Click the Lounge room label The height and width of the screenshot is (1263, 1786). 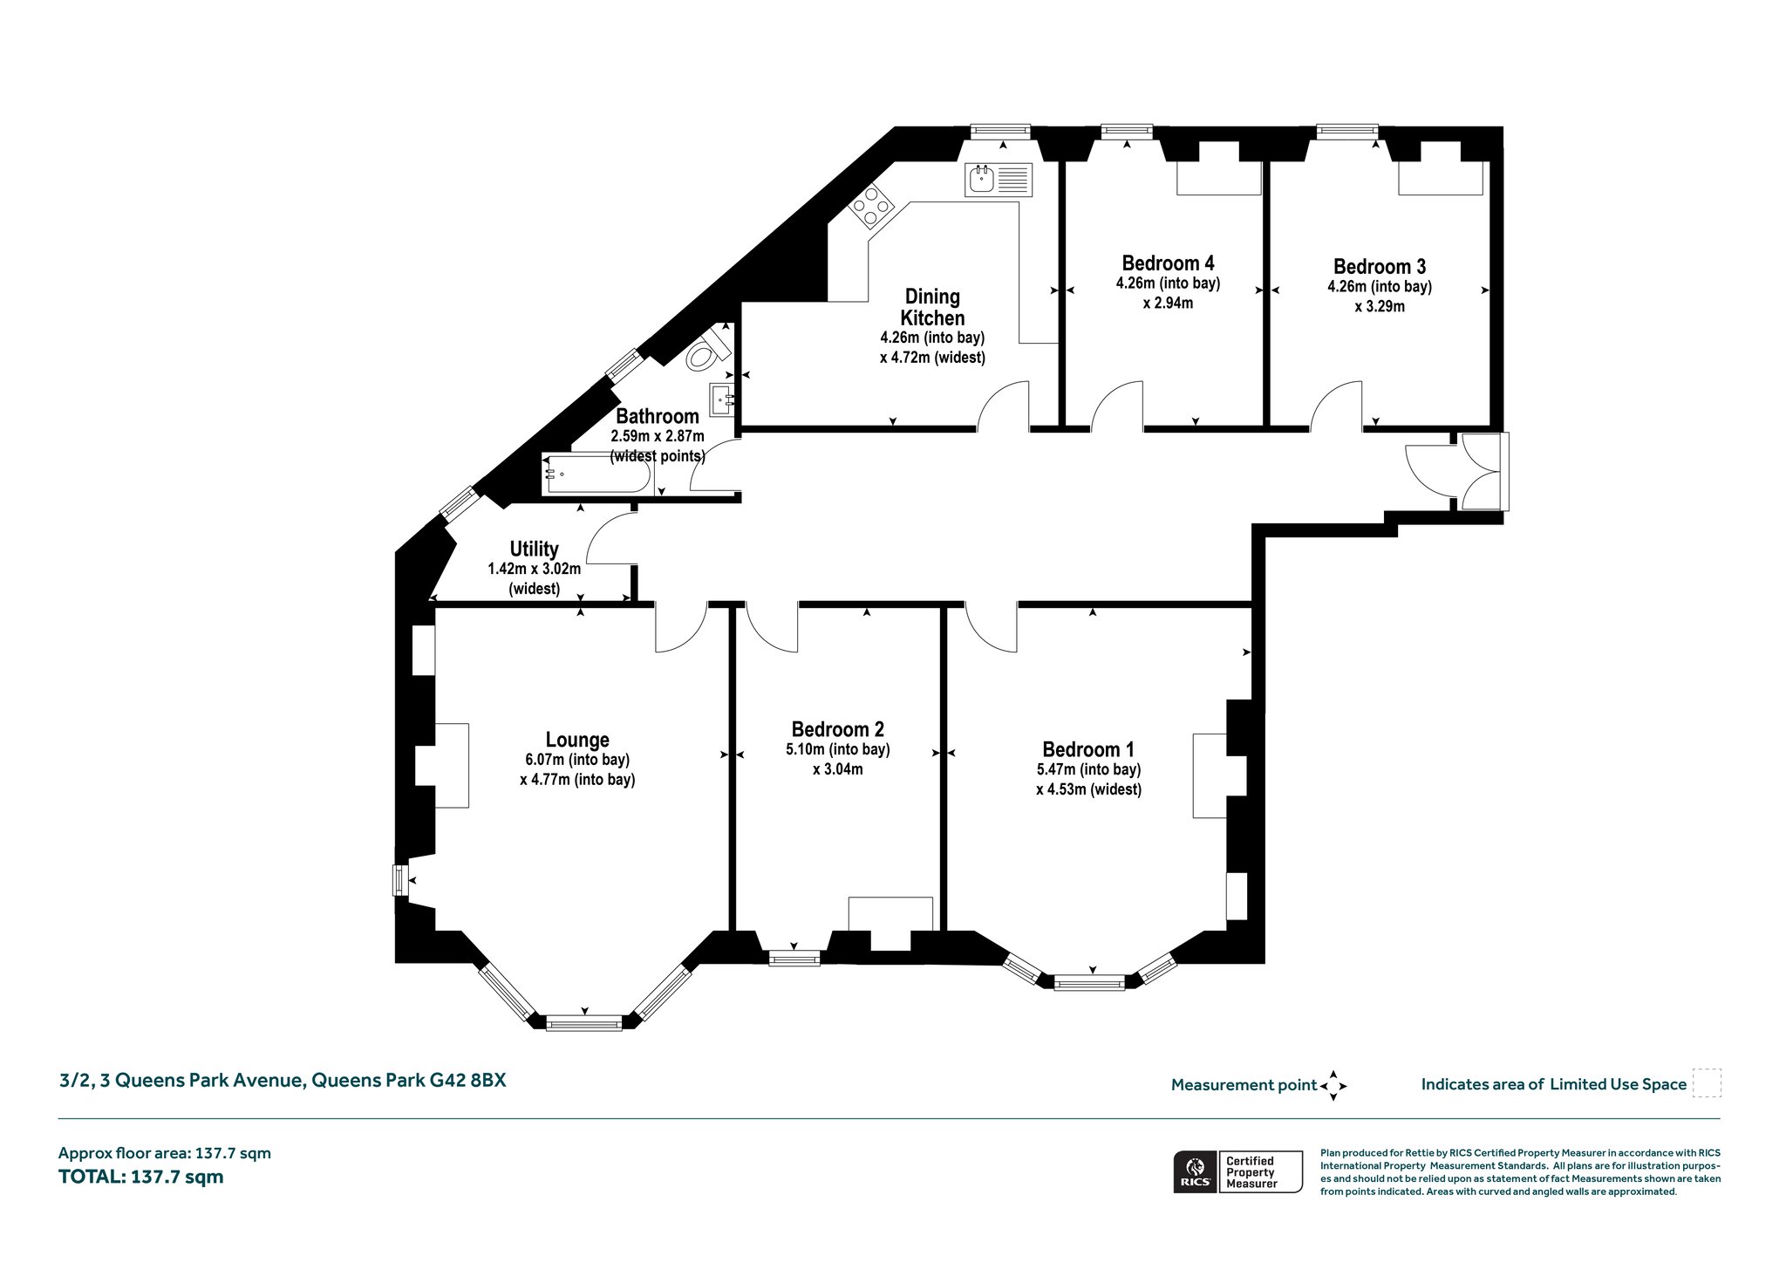pos(577,740)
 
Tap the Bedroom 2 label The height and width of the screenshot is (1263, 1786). pos(837,729)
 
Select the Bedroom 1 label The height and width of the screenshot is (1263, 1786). pos(1088,749)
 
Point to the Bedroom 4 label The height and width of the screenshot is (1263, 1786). pos(1168,263)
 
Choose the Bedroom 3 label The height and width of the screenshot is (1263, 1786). pos(1380,266)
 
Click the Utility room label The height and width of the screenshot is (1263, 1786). pos(534,549)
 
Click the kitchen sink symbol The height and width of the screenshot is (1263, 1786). pos(999,180)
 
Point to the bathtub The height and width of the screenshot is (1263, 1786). pos(597,474)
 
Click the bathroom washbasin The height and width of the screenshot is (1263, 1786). pos(723,401)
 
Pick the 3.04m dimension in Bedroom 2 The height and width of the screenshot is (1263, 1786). pos(837,769)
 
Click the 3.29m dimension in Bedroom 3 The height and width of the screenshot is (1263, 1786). pos(1380,307)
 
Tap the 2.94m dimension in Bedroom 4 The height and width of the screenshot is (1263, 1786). pos(1168,304)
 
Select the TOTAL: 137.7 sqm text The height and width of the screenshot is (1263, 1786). pos(141,1177)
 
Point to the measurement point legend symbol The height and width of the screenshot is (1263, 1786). pos(1333,1086)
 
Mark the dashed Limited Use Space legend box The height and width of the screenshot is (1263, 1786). pos(1707,1083)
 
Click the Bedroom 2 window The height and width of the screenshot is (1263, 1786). pos(794,959)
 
